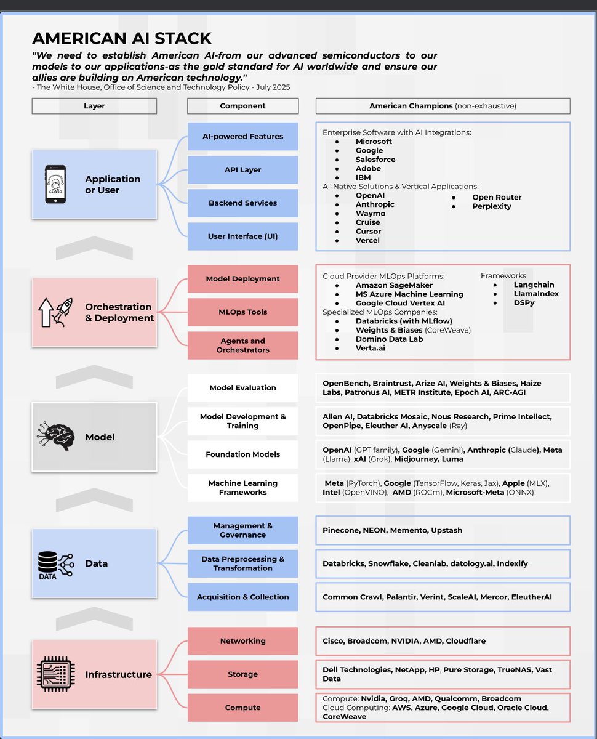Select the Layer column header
94,106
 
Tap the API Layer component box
242,170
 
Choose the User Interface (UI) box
242,236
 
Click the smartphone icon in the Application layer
56,184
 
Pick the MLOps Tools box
242,312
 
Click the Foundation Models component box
242,454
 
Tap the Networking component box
242,641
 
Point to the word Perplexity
492,206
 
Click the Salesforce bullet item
375,160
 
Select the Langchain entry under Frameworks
534,285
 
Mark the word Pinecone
342,530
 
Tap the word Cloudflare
465,641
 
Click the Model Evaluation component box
242,388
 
